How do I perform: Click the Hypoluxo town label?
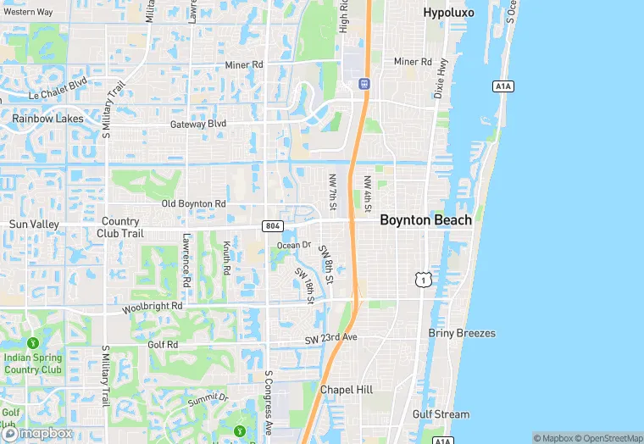[x=449, y=14]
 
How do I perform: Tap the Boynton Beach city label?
[x=425, y=219]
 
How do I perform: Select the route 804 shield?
[x=273, y=225]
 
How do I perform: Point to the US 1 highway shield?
[x=421, y=279]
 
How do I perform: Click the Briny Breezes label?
[x=462, y=333]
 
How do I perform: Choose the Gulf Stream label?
[x=441, y=414]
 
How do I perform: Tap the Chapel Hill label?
[x=346, y=389]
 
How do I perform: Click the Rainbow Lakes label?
[x=47, y=119]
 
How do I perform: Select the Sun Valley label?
[x=34, y=224]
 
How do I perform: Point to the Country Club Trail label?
[x=119, y=227]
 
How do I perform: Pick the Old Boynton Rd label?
[x=194, y=204]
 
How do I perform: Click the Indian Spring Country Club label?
[x=33, y=364]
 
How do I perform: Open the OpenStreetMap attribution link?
[x=608, y=438]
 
